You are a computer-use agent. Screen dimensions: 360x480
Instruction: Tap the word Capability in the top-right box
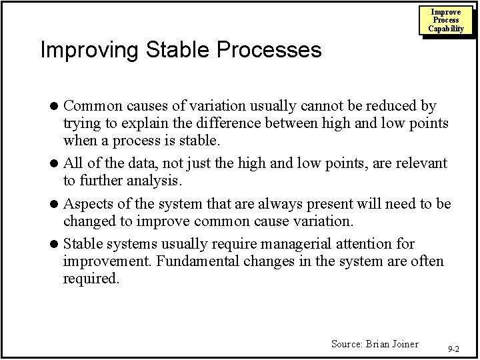pyautogui.click(x=446, y=29)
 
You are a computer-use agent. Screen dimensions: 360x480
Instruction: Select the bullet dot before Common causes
pyautogui.click(x=57, y=106)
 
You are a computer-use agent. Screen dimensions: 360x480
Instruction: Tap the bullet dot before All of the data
pyautogui.click(x=57, y=164)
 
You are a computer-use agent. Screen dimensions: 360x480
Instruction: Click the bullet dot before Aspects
pyautogui.click(x=57, y=203)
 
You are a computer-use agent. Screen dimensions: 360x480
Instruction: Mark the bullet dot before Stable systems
pyautogui.click(x=57, y=243)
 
